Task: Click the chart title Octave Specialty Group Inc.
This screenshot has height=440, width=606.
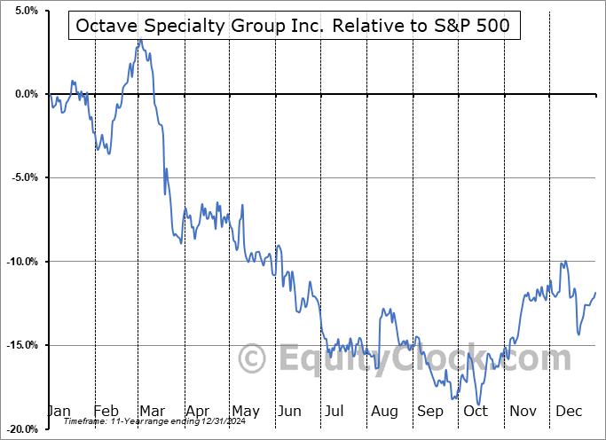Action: point(293,27)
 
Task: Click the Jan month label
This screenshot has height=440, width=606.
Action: point(59,412)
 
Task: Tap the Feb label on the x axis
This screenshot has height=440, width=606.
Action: point(106,412)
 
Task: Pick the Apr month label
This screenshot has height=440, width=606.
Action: point(197,412)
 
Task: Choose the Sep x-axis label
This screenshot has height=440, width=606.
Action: point(430,412)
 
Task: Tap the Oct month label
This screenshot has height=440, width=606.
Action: point(476,412)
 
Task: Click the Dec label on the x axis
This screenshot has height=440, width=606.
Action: point(569,412)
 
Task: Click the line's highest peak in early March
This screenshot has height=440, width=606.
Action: point(139,40)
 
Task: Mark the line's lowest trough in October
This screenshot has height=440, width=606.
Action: point(477,405)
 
